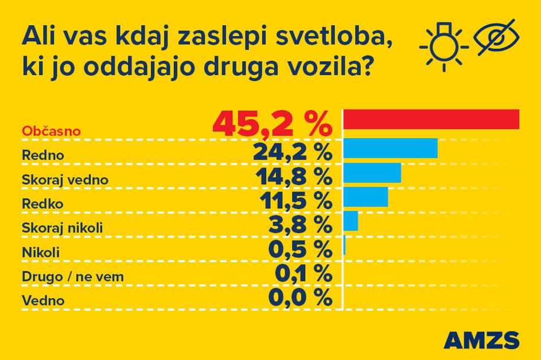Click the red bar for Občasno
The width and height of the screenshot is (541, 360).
431,119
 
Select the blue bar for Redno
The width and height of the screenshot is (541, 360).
391,148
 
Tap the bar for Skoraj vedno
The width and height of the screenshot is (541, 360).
372,173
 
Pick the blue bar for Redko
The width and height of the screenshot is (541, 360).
366,197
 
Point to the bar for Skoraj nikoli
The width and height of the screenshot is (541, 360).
351,221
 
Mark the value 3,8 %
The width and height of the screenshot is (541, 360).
300,224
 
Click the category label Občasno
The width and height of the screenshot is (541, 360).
51,131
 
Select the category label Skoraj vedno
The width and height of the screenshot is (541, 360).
65,179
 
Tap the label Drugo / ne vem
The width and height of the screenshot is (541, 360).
73,277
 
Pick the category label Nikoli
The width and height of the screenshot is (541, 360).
41,252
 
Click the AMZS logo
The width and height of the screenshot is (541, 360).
481,339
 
